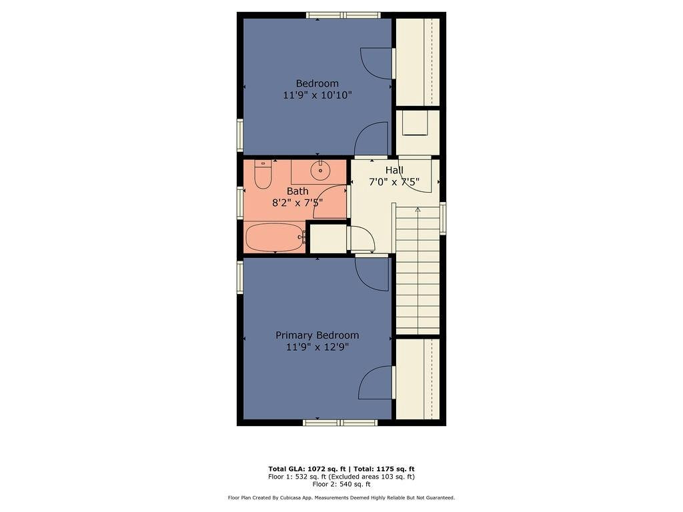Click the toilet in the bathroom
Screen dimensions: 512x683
[x=263, y=175]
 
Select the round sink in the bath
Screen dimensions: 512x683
[x=321, y=171]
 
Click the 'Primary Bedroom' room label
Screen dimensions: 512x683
[x=317, y=335]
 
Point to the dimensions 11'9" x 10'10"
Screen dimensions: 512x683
[x=317, y=95]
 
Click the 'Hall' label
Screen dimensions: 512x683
[x=394, y=171]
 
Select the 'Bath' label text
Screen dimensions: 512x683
[x=297, y=191]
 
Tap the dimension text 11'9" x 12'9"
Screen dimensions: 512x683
[x=317, y=347]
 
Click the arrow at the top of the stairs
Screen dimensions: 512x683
[x=418, y=210]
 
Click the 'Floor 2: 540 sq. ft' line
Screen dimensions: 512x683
[x=341, y=484]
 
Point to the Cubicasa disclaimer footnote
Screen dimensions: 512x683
[x=341, y=497]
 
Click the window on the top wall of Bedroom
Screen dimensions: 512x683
[x=344, y=15]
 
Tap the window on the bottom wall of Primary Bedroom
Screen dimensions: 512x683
[x=340, y=423]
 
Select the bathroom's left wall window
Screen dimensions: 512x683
[x=240, y=202]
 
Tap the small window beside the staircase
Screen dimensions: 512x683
[x=443, y=219]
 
